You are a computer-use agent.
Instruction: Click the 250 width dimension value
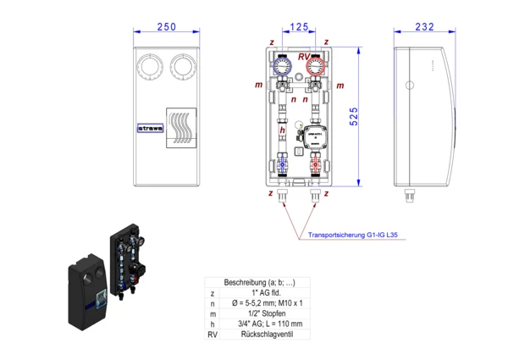coord(167,28)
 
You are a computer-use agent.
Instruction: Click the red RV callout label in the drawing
coord(303,56)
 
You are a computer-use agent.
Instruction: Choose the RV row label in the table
coord(213,335)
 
